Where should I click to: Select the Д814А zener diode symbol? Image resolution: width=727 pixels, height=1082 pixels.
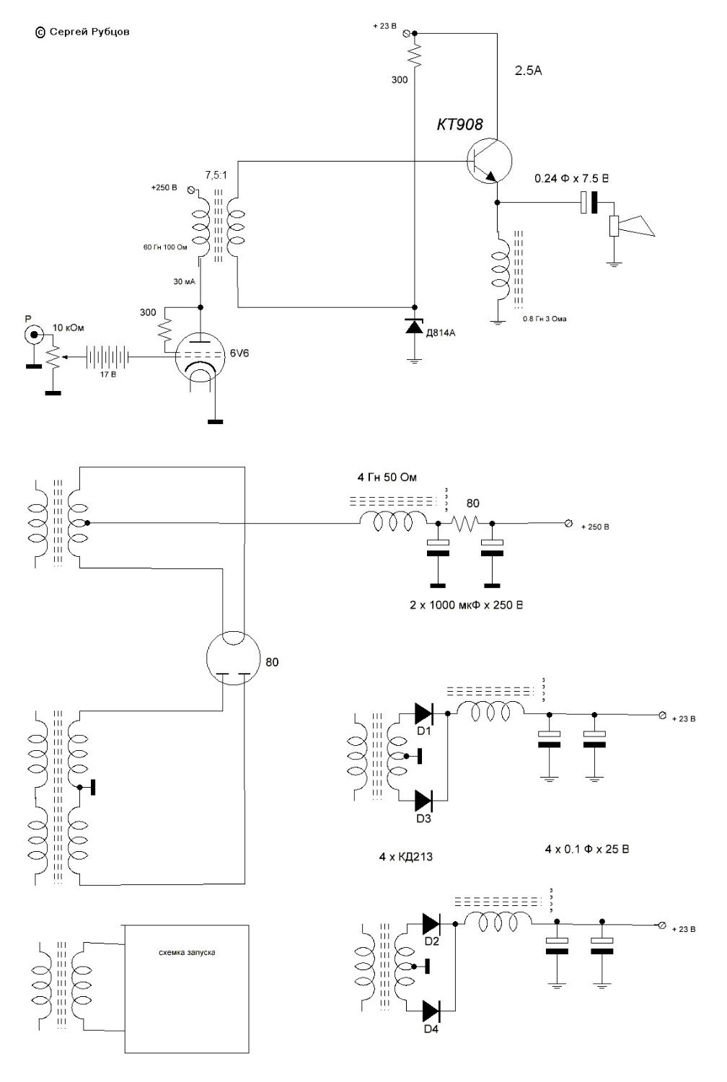click(414, 327)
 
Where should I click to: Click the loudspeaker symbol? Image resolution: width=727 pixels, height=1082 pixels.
click(634, 226)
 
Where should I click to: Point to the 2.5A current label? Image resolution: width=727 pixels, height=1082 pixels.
click(528, 71)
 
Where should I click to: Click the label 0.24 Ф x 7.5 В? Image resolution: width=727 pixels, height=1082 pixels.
click(570, 178)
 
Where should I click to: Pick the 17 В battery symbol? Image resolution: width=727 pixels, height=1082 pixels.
click(107, 356)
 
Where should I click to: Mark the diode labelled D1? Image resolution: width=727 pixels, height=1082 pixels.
click(423, 714)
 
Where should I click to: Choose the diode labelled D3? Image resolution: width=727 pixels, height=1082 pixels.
click(423, 799)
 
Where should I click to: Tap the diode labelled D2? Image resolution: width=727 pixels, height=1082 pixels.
click(431, 923)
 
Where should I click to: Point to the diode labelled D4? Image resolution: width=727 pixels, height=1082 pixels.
click(431, 1008)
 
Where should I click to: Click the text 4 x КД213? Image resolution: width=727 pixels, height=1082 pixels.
click(405, 857)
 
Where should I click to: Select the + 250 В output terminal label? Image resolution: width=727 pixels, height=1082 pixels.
click(595, 527)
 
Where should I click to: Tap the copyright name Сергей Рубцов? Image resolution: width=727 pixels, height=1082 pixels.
click(89, 32)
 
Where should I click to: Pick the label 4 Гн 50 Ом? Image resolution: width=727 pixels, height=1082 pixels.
click(387, 478)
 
